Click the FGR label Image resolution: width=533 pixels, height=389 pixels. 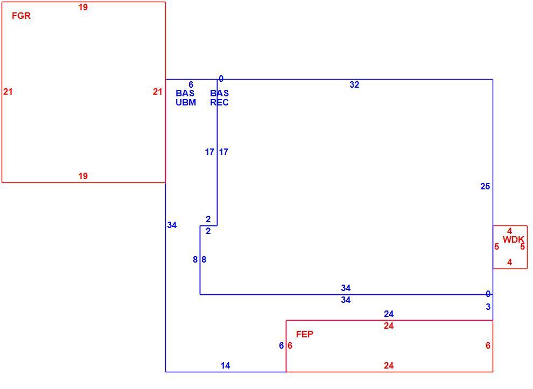[x=21, y=16]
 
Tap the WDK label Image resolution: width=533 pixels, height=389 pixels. [x=513, y=239]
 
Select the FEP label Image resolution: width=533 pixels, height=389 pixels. [x=305, y=334]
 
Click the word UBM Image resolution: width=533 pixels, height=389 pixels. [x=186, y=102]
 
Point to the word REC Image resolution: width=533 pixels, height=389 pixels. [x=219, y=102]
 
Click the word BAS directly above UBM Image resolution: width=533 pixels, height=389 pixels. [x=185, y=93]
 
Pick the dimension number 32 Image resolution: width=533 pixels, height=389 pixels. [x=354, y=84]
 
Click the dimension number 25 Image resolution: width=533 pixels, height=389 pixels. [x=485, y=186]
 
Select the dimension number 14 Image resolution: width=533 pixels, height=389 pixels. [x=225, y=365]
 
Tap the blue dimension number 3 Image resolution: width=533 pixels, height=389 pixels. [x=488, y=307]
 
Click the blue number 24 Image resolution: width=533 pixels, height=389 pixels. [x=389, y=314]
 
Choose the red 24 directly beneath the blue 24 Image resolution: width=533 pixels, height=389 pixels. [x=389, y=326]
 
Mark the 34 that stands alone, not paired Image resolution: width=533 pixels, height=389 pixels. [x=172, y=225]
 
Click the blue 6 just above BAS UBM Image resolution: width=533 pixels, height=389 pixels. [x=191, y=84]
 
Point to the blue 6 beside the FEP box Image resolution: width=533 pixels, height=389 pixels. [x=281, y=345]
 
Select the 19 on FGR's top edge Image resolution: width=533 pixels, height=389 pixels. [x=83, y=7]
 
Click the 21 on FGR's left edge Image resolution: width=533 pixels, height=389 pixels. [x=8, y=91]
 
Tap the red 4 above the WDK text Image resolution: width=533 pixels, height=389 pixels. [x=509, y=231]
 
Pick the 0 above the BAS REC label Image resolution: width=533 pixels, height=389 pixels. [x=221, y=79]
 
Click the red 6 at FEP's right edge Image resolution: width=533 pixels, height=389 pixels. [x=488, y=345]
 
